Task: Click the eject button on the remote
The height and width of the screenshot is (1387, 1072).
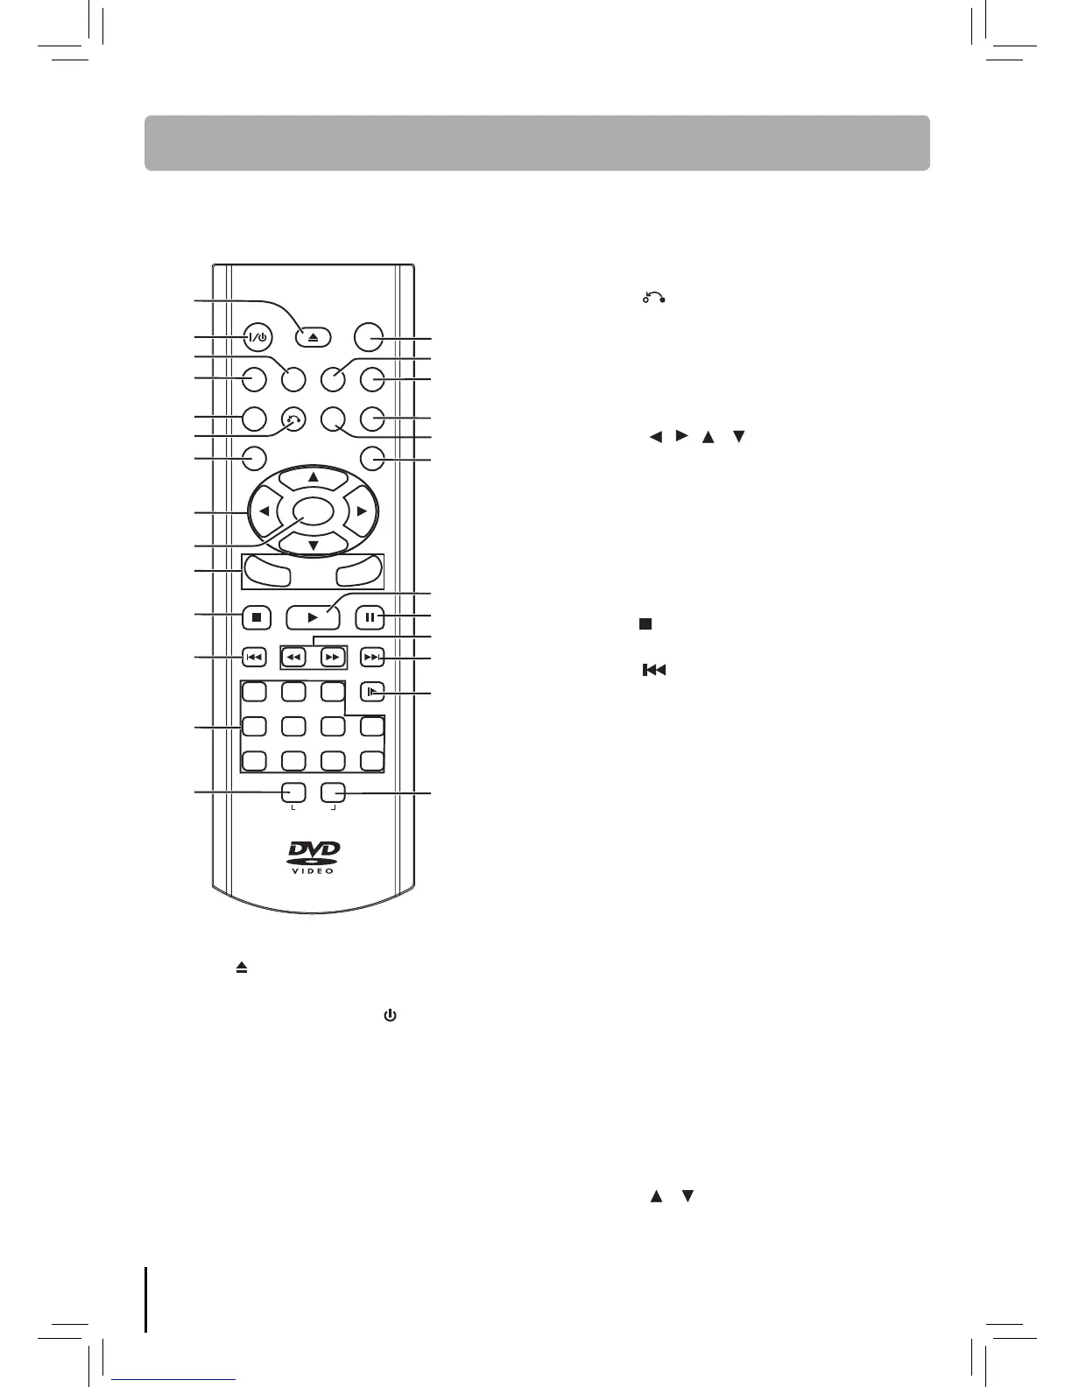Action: [x=313, y=338]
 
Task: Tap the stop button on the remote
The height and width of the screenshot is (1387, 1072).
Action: [x=256, y=617]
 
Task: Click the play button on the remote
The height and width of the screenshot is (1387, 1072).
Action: [x=313, y=617]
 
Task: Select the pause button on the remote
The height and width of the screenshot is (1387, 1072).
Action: [x=370, y=617]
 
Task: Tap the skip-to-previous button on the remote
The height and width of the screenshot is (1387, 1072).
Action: [x=253, y=657]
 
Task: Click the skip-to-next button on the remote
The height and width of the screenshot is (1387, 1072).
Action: [x=372, y=657]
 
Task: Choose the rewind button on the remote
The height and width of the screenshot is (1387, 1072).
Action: [x=295, y=657]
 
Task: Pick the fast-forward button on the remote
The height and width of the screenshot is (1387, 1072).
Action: [x=331, y=657]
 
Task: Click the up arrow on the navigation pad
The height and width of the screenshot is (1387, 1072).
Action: [x=313, y=476]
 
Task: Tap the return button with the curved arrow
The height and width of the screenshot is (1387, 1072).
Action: [x=293, y=419]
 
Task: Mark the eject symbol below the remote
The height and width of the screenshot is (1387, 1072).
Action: [x=241, y=968]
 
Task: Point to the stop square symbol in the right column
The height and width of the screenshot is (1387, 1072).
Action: [x=645, y=623]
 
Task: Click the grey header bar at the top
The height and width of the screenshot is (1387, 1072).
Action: [x=536, y=143]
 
